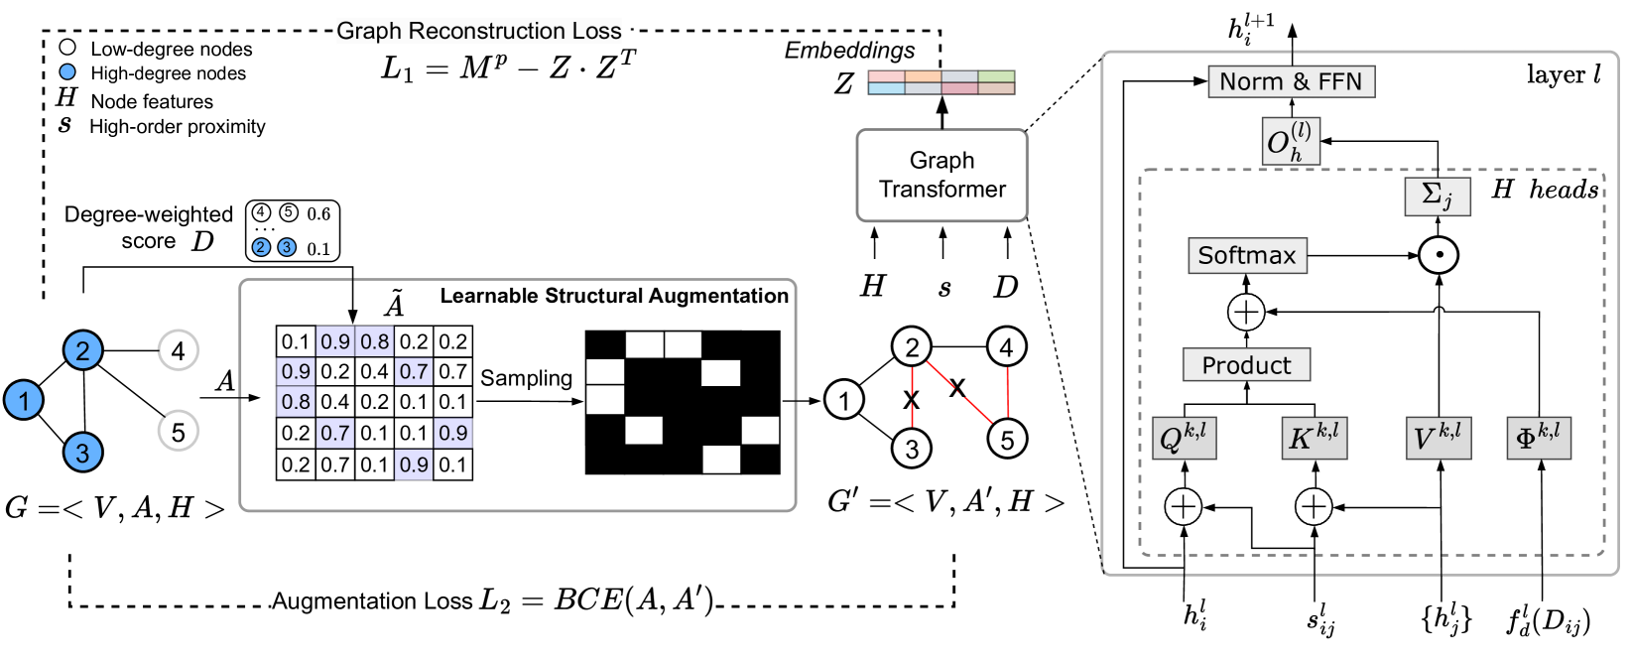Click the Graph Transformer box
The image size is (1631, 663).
pos(941,176)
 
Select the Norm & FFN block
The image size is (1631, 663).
pos(1291,81)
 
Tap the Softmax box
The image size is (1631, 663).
pos(1246,256)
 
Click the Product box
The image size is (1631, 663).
pos(1246,365)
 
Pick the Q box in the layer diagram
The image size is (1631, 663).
pos(1183,438)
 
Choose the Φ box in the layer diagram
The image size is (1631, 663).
pos(1538,438)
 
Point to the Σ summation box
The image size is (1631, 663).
pos(1437,196)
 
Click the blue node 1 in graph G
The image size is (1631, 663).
pos(24,400)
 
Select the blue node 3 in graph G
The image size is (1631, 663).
pos(82,453)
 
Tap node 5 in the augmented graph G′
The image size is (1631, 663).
pos(1007,440)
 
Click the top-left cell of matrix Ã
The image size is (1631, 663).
pos(295,342)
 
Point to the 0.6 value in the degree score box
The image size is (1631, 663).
pos(318,214)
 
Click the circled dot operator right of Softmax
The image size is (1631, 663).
pos(1438,256)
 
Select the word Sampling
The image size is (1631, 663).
pos(526,378)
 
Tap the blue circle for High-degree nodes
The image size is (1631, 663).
pos(67,72)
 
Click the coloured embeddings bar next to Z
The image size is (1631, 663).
pos(941,82)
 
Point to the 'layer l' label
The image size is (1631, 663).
pos(1563,75)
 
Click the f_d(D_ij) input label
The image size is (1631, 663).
pos(1548,622)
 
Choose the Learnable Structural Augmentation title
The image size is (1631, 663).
pos(614,296)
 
